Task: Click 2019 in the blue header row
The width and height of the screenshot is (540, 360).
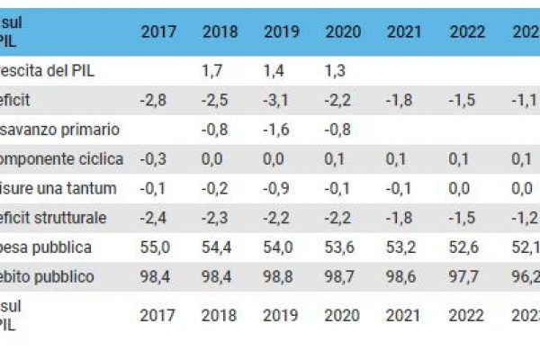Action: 281,31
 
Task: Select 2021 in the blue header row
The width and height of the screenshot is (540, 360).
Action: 404,31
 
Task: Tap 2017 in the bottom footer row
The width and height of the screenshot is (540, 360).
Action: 158,315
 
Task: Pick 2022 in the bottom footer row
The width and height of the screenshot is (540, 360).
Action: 466,315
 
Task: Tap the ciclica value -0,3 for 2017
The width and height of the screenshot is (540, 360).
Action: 155,158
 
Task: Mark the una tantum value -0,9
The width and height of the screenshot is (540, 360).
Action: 277,188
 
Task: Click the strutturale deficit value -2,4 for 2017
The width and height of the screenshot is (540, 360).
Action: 155,217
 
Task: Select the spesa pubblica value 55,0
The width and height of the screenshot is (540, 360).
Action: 157,247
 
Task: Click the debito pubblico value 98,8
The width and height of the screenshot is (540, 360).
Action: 281,276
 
